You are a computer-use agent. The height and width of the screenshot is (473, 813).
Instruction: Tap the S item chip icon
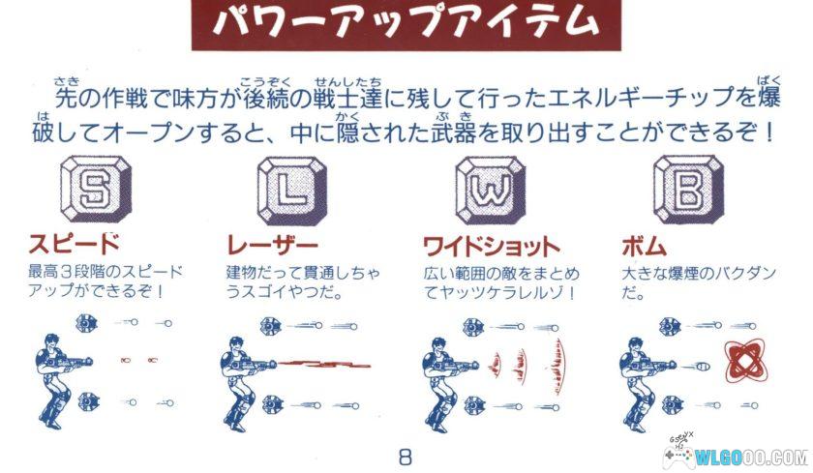(94, 191)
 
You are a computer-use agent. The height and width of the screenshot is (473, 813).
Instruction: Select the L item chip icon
(290, 191)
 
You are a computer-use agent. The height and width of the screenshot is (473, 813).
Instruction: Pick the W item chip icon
(489, 191)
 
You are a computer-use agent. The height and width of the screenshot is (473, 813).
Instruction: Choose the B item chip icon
(685, 191)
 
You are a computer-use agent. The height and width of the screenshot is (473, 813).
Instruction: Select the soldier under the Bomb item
(647, 377)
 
